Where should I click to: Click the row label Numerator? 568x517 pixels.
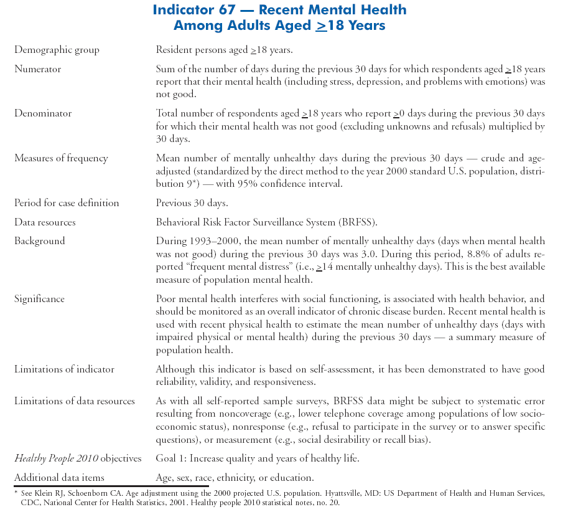tap(37, 69)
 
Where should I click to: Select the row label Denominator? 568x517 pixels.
tap(43, 113)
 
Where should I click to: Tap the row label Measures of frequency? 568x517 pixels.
tap(61, 158)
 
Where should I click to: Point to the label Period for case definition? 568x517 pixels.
tap(67, 203)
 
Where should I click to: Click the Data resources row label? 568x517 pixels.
tap(45, 222)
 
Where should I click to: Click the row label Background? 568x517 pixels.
tap(39, 240)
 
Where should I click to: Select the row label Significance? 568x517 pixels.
tap(39, 298)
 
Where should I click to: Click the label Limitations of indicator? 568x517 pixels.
tap(64, 369)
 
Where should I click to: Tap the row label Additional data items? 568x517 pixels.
tap(59, 478)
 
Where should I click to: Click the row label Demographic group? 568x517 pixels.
tap(57, 50)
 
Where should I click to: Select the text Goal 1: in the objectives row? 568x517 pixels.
tap(172, 459)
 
